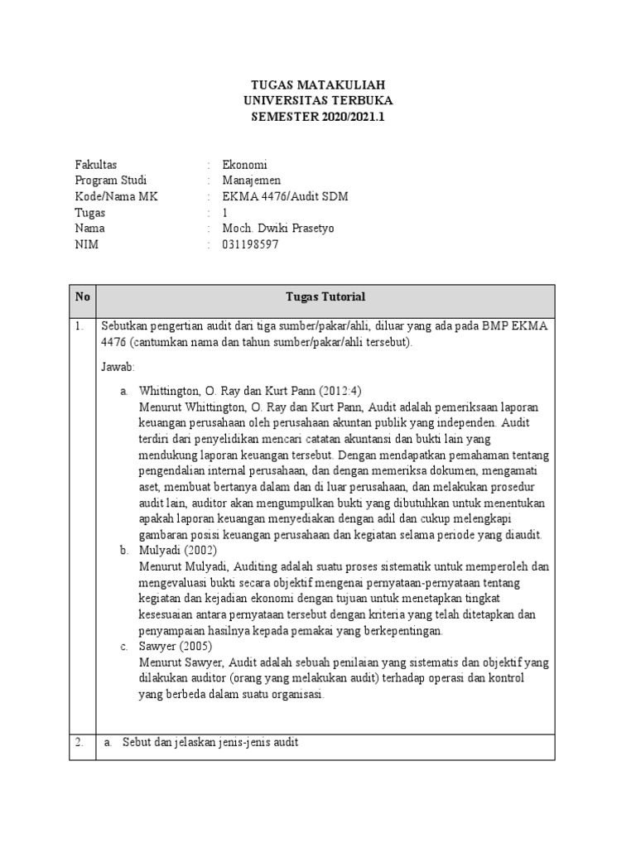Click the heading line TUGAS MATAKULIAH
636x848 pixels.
pyautogui.click(x=318, y=85)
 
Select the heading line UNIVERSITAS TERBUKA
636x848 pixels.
pyautogui.click(x=318, y=101)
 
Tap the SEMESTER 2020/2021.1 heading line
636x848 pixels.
pyautogui.click(x=318, y=117)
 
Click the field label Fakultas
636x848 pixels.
pyautogui.click(x=96, y=165)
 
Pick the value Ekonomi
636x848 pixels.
pyautogui.click(x=244, y=165)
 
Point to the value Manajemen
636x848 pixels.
pyautogui.click(x=252, y=181)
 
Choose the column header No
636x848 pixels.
pyautogui.click(x=82, y=297)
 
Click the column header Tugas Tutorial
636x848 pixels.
pyautogui.click(x=325, y=297)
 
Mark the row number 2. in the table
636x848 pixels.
pyautogui.click(x=79, y=743)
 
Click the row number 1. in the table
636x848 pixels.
pyautogui.click(x=79, y=326)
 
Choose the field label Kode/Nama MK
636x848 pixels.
pyautogui.click(x=116, y=196)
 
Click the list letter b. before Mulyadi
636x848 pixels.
pyautogui.click(x=124, y=551)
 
